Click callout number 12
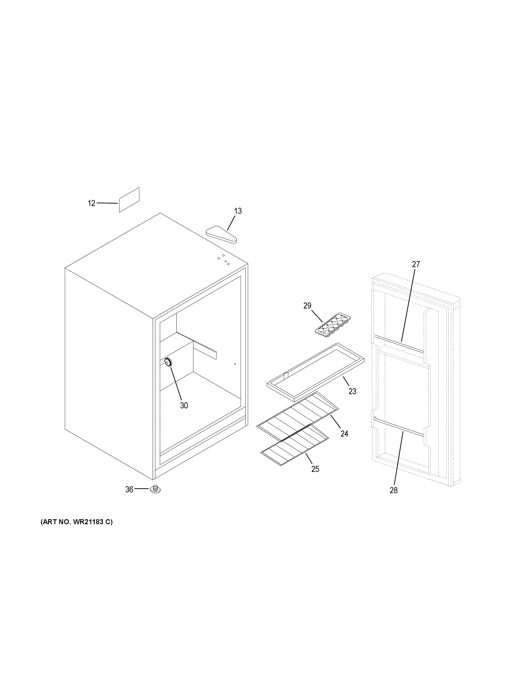(x=91, y=203)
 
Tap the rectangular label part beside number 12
(x=129, y=200)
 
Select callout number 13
(x=238, y=211)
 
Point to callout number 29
(x=307, y=306)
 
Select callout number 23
(x=352, y=391)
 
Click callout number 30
(x=184, y=405)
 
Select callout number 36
(x=129, y=489)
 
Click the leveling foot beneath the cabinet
(x=155, y=489)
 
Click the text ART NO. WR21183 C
(x=76, y=522)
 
